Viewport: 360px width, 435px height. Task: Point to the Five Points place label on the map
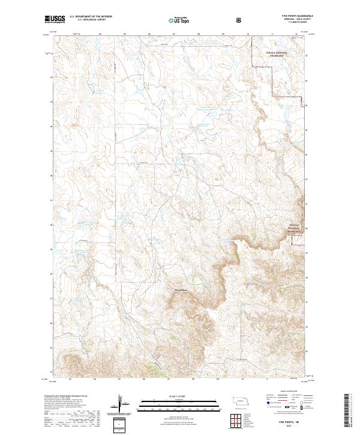click(x=181, y=291)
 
